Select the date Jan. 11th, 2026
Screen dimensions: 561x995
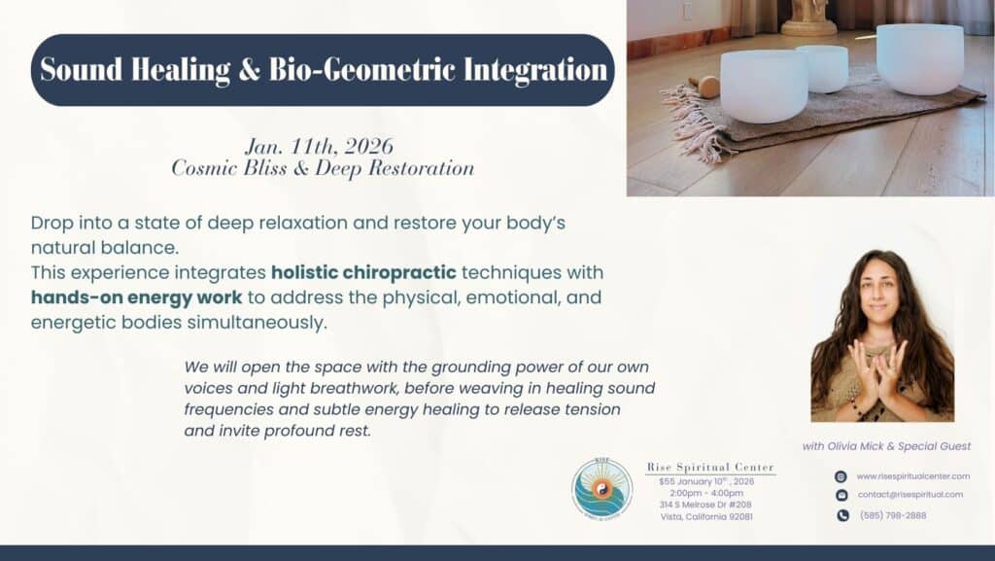pyautogui.click(x=319, y=147)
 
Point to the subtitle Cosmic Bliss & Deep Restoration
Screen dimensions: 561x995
pyautogui.click(x=323, y=168)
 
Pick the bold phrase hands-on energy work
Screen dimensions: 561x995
pyautogui.click(x=136, y=298)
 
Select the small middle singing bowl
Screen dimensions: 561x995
pyautogui.click(x=822, y=68)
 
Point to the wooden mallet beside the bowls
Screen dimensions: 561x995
pyautogui.click(x=709, y=87)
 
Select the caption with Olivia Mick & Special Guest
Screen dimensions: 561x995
pyautogui.click(x=886, y=446)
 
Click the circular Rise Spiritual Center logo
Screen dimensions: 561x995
pyautogui.click(x=601, y=488)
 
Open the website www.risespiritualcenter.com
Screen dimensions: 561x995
pyautogui.click(x=912, y=475)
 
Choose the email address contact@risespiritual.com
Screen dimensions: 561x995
pyautogui.click(x=909, y=495)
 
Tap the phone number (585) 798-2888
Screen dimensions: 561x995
pyautogui.click(x=893, y=515)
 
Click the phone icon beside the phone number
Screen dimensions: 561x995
pyautogui.click(x=841, y=515)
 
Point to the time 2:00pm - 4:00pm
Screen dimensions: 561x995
pyautogui.click(x=705, y=493)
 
